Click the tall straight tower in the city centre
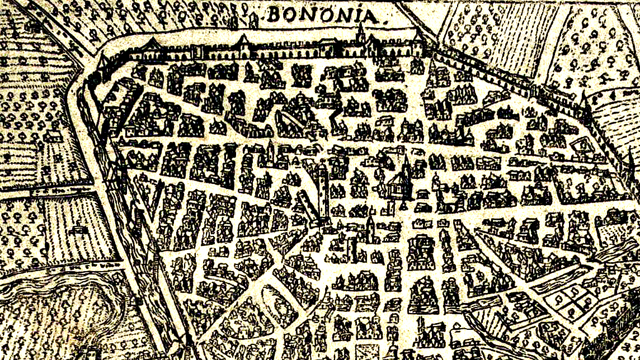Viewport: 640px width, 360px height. (x=321, y=190)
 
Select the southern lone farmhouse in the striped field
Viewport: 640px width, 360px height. (x=78, y=229)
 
